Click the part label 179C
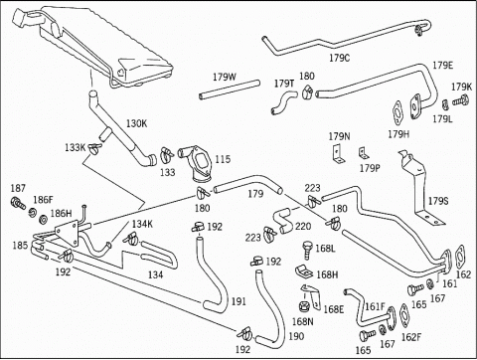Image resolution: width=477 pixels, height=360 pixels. click(x=339, y=58)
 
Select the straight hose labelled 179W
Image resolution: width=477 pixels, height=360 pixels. click(x=230, y=90)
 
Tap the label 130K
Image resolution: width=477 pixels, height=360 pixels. click(x=136, y=123)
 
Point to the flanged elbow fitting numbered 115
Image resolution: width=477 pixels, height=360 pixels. click(x=197, y=163)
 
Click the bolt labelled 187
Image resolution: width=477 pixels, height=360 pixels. click(x=18, y=203)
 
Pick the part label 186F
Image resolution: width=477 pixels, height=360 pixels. click(x=43, y=200)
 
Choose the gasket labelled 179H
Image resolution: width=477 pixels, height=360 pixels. click(x=397, y=114)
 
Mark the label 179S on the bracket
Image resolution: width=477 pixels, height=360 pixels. click(x=438, y=201)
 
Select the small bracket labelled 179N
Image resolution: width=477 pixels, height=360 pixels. click(x=337, y=154)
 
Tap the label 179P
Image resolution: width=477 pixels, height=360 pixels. click(x=370, y=168)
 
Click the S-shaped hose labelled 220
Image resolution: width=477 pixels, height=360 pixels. click(x=282, y=220)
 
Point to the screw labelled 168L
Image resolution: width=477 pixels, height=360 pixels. click(x=307, y=251)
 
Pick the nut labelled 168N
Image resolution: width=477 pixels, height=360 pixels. click(x=303, y=306)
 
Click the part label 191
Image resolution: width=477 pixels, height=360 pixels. click(x=238, y=301)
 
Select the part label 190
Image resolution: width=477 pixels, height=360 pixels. click(x=296, y=336)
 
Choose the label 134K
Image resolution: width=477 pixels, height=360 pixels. click(x=142, y=224)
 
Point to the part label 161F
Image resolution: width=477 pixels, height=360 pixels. click(x=375, y=306)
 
